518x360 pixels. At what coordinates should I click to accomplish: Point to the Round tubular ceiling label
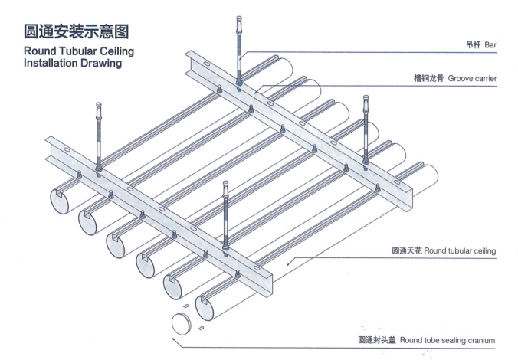coord(444,250)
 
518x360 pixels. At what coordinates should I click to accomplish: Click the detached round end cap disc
coord(180,322)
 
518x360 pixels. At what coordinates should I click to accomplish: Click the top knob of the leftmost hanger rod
coord(100,109)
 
